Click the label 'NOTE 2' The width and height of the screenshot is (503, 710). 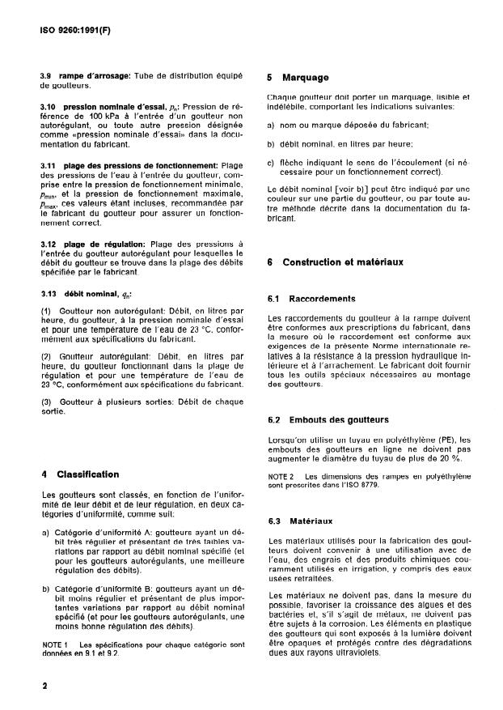281,475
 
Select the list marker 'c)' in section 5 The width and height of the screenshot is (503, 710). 272,162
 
